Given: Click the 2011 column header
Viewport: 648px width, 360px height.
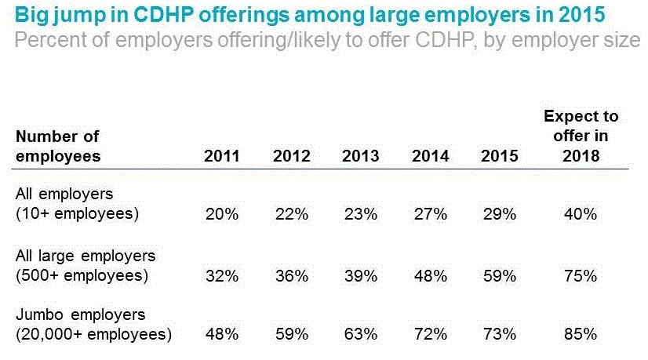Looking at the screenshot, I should point(221,156).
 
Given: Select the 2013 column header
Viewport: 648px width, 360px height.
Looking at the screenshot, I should point(360,156).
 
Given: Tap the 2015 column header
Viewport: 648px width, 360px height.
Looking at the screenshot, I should point(499,156).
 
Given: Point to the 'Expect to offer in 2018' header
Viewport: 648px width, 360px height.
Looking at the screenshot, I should point(581,136).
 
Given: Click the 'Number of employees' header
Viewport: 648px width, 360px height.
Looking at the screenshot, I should point(58,146).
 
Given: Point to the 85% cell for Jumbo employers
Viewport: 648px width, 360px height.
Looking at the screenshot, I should point(581,334).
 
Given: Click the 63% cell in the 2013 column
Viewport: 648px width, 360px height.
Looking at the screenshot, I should point(360,334).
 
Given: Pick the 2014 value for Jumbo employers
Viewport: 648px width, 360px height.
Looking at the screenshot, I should point(430,334).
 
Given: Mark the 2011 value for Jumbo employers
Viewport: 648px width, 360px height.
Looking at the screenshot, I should point(221,334).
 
